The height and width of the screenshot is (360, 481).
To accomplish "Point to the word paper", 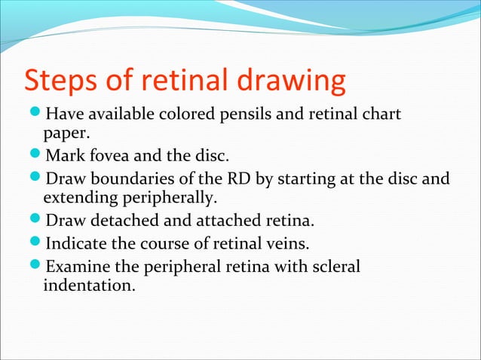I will [63, 135].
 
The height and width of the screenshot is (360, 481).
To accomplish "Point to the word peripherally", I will [173, 199].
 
